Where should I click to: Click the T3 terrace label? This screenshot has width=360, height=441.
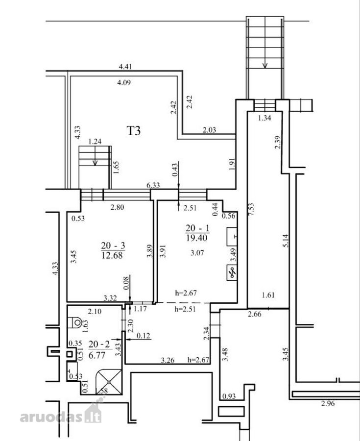tap(134, 131)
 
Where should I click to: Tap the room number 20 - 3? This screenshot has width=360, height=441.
tap(113, 245)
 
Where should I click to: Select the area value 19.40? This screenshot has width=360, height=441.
tap(197, 238)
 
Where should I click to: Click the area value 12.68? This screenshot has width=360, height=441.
tap(112, 256)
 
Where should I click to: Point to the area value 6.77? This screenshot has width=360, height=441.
tap(96, 355)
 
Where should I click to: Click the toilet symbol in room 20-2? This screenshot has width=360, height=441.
tap(75, 322)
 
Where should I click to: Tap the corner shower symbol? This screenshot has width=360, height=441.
tap(109, 382)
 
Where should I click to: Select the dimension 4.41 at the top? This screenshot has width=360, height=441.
tap(125, 67)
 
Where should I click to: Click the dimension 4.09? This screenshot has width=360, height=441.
tap(124, 83)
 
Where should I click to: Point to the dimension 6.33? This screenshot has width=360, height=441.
tap(153, 185)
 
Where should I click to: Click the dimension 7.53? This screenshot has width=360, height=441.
tap(252, 209)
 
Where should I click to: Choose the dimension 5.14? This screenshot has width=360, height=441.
tap(285, 241)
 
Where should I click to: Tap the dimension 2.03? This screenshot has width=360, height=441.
tap(209, 130)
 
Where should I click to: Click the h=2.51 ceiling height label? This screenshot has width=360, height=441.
tap(185, 309)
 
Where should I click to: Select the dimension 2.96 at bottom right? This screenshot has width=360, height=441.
tap(328, 404)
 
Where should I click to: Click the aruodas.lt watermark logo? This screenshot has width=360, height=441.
tap(61, 414)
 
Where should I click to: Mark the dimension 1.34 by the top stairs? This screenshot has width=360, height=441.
tap(264, 118)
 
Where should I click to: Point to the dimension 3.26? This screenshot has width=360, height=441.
tap(168, 360)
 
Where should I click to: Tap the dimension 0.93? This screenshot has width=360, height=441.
tap(229, 396)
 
